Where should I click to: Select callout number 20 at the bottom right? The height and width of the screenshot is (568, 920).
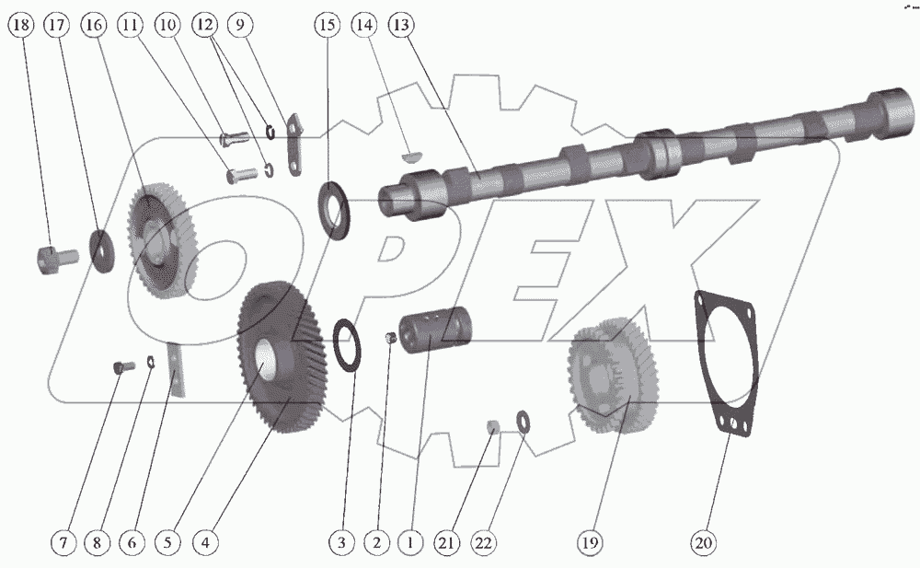[703, 544]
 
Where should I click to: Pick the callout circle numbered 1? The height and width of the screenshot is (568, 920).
[409, 544]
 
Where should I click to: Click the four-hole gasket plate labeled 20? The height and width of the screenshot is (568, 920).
[727, 359]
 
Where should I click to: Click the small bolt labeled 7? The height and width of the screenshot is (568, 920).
[119, 368]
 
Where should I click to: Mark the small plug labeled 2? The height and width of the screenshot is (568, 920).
[390, 341]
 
